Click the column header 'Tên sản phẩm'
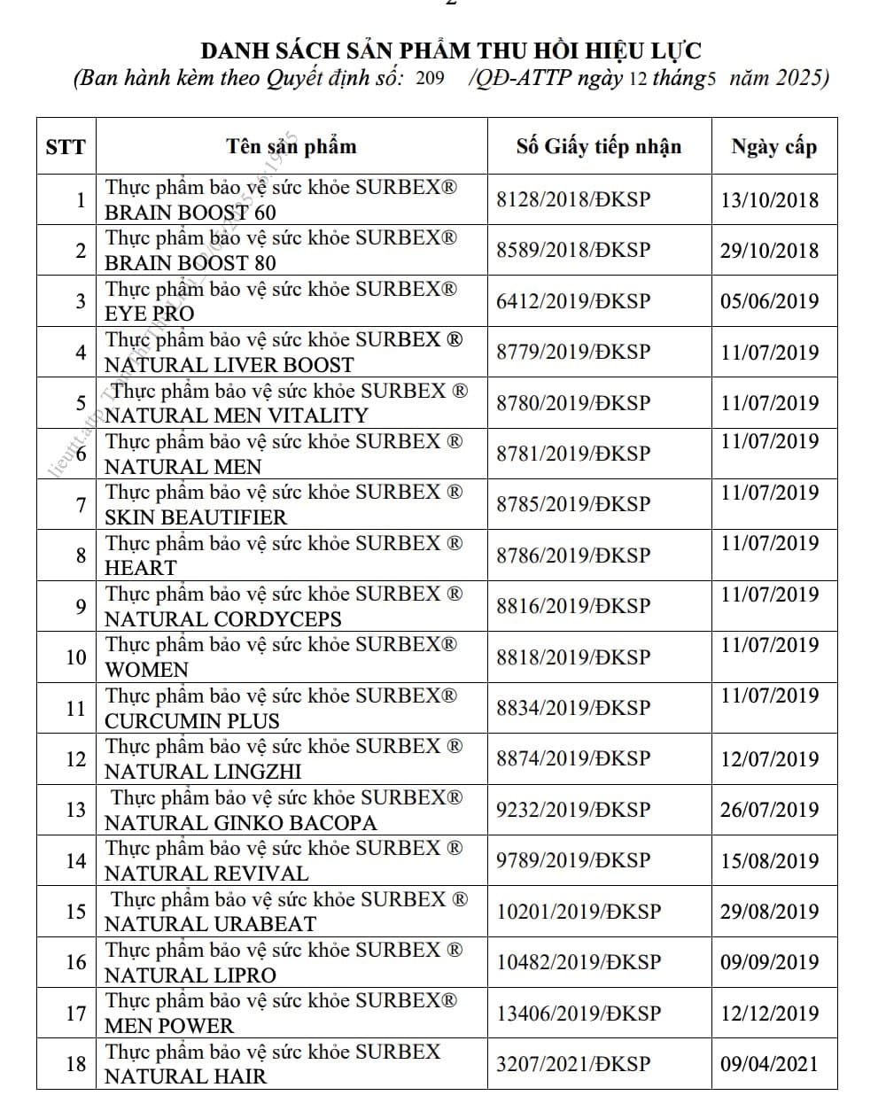291,146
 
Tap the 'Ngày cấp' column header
773,147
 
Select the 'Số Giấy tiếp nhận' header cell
599,146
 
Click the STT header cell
66,147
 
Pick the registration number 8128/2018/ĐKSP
572,199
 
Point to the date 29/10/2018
769,250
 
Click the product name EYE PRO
149,314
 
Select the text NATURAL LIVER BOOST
229,365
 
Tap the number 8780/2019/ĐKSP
572,403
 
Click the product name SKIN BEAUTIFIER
196,517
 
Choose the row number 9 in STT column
81,607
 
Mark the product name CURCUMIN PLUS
191,721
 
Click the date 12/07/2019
769,759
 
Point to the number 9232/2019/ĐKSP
572,810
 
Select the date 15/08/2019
769,860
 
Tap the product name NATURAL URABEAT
210,924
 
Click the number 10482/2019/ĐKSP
579,962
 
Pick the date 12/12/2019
769,1014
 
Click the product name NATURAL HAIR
185,1076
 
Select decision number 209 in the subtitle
430,79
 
